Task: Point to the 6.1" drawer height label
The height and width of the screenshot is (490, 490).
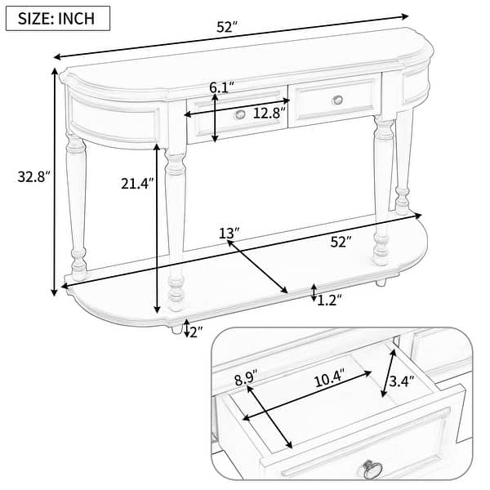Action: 222,87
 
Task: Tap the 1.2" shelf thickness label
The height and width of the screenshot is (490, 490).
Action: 328,300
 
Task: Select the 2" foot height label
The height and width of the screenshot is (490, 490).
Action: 197,330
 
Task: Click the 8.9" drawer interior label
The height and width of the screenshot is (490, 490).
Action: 245,377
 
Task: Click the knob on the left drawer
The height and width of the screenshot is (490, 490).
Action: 239,114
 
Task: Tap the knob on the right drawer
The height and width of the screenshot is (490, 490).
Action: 338,100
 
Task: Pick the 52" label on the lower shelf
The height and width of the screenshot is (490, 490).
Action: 340,242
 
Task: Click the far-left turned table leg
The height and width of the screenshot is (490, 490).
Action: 76,204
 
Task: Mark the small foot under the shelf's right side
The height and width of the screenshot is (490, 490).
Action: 381,282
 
